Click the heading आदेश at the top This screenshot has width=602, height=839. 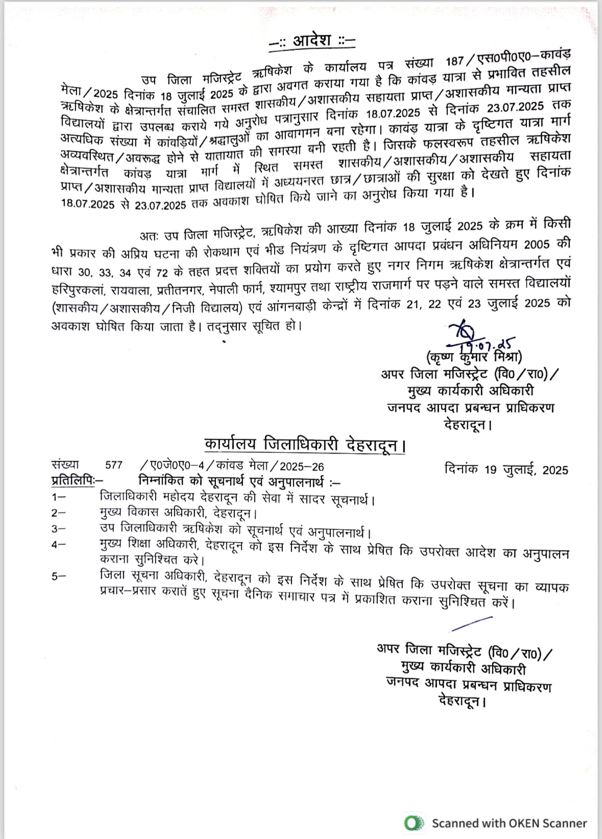pyautogui.click(x=312, y=41)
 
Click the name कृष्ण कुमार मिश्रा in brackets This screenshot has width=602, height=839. pyautogui.click(x=474, y=357)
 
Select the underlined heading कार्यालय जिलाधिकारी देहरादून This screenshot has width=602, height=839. pyautogui.click(x=304, y=444)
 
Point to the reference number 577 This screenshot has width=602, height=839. pyautogui.click(x=113, y=465)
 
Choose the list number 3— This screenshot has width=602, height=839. pyautogui.click(x=58, y=529)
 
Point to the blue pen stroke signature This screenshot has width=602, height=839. pyautogui.click(x=472, y=624)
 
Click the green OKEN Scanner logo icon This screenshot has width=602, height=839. pyautogui.click(x=414, y=823)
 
